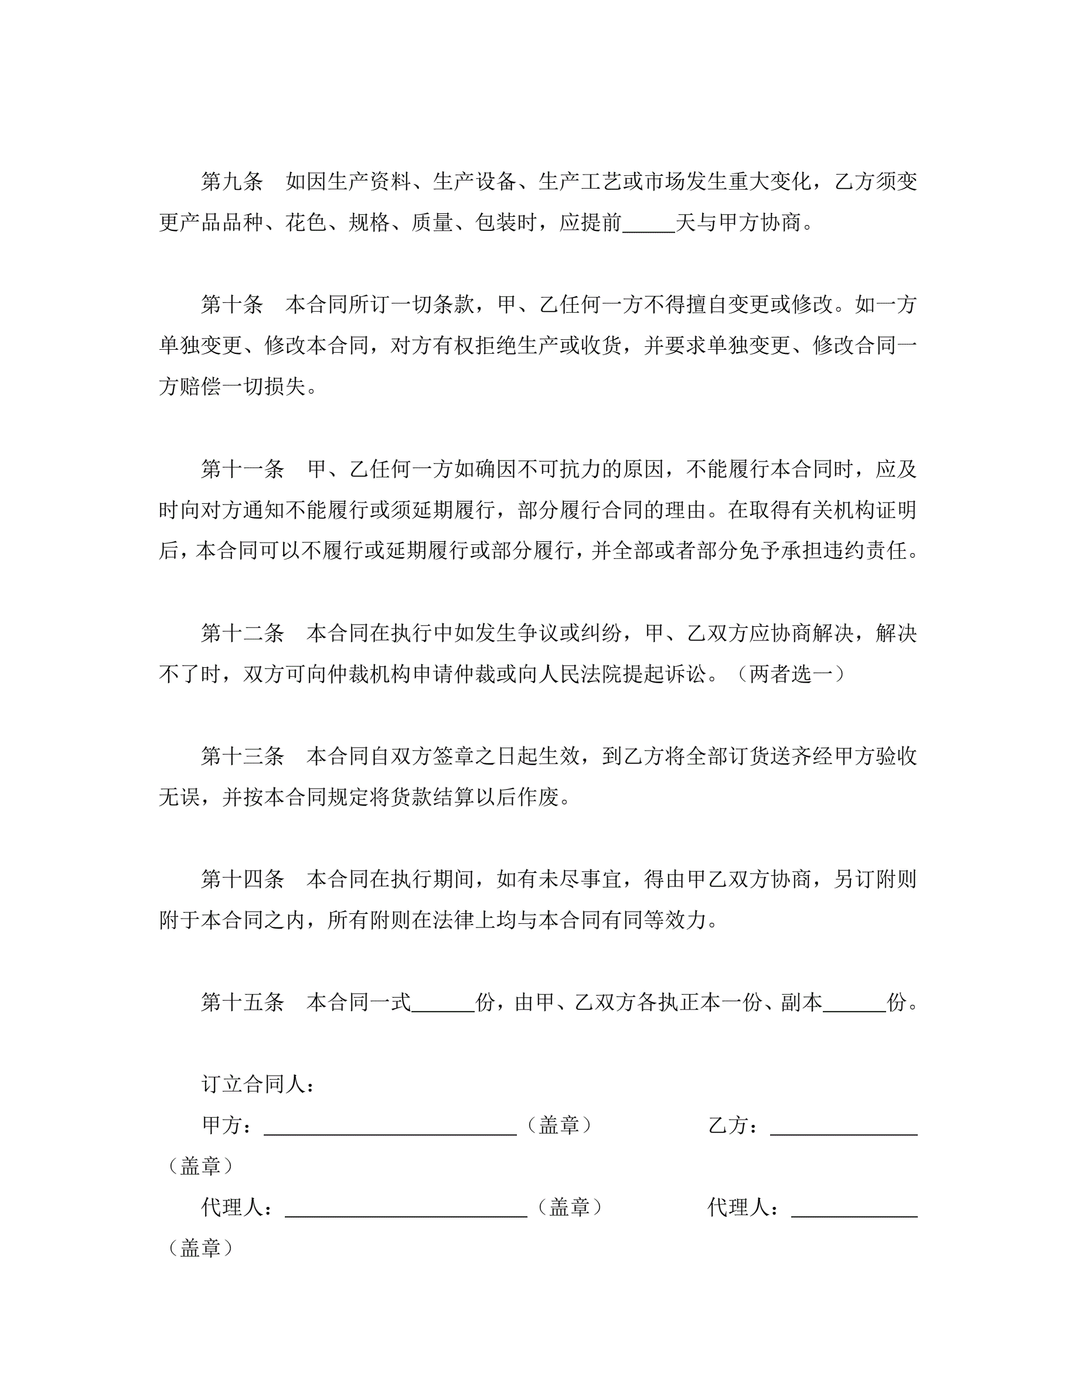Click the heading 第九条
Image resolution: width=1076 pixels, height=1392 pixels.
(232, 182)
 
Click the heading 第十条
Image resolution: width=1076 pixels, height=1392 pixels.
(232, 305)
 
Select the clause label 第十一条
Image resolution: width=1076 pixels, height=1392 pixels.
(242, 469)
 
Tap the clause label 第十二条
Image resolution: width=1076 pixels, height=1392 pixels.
(242, 633)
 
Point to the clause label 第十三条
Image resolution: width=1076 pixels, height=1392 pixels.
(242, 756)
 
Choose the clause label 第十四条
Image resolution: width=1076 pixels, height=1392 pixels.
(242, 879)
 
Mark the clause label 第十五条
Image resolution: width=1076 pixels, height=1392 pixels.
(242, 1002)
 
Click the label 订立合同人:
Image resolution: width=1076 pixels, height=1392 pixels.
(258, 1084)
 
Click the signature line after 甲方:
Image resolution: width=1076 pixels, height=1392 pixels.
(390, 1130)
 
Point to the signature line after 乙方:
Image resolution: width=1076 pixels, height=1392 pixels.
(843, 1130)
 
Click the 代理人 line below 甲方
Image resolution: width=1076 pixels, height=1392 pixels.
(406, 1212)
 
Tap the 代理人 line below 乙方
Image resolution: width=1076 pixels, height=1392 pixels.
(854, 1212)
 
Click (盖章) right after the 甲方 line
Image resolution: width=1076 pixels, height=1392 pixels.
(559, 1125)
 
